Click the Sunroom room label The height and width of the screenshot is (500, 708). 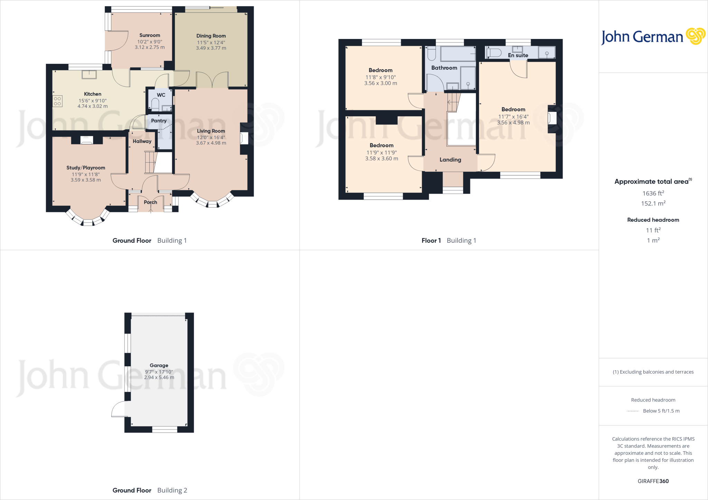pos(150,35)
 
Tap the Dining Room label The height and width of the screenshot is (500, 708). pos(211,36)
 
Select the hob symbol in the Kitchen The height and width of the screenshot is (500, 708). pos(57,101)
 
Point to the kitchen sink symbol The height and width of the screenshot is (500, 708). pos(89,74)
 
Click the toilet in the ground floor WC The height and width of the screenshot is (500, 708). pos(155,104)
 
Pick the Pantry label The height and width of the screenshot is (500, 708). pos(159,121)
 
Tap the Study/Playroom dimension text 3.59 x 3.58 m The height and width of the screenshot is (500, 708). pos(86,180)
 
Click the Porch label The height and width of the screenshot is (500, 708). pos(150,202)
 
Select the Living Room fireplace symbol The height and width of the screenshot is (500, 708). pos(244,138)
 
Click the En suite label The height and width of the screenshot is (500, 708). pos(518,55)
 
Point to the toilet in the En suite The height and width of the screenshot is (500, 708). pos(495,53)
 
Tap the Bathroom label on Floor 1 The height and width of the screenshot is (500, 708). pos(444,68)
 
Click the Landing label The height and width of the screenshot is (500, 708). pos(450,160)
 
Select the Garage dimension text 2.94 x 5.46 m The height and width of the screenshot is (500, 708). pos(159,377)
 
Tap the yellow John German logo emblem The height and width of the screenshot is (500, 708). pos(695,36)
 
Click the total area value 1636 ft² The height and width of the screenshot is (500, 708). pos(653,193)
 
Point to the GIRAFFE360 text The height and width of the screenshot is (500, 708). pos(653,481)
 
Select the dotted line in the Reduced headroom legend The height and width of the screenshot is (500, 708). pos(633,411)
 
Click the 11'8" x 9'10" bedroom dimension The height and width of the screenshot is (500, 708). pos(380,77)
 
